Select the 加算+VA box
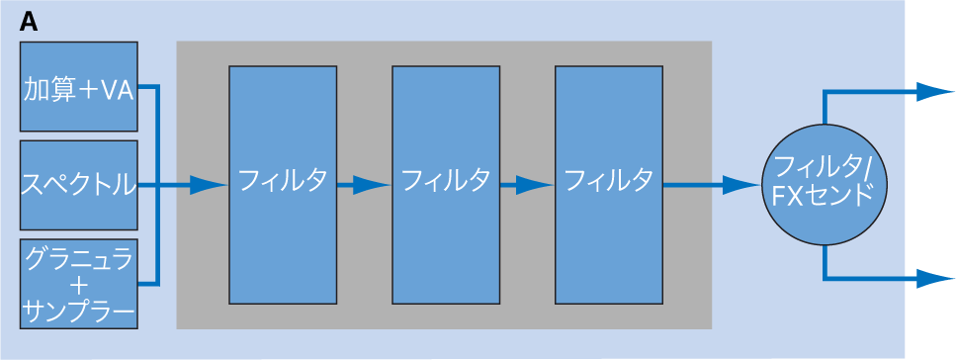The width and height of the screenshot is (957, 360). tap(79, 86)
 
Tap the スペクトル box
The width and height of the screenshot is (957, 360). tap(79, 185)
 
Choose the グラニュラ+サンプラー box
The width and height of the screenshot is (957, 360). tap(79, 284)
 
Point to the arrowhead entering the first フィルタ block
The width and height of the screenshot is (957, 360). tap(208, 184)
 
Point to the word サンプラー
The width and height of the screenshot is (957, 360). tap(79, 315)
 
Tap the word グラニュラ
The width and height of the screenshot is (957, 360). tap(79, 260)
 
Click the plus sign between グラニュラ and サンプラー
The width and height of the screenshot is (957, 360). tap(79, 288)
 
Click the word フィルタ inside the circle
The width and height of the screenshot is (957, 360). tap(817, 166)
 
